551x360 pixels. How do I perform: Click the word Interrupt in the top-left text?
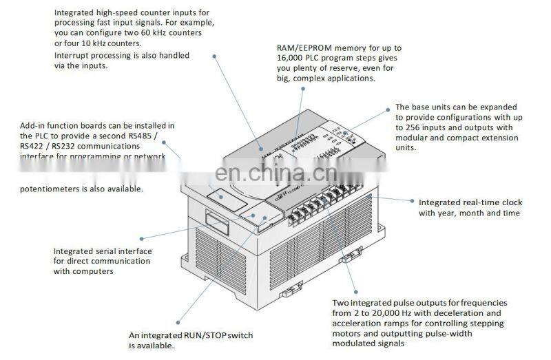coord(74,56)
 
